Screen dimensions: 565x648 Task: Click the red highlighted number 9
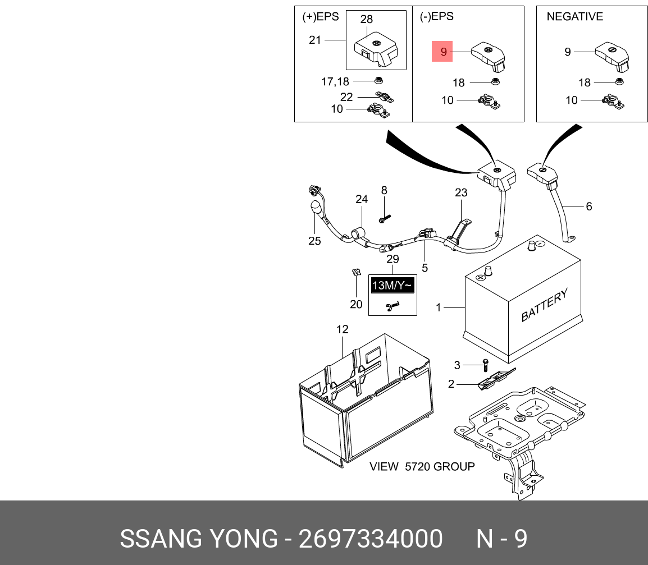point(442,52)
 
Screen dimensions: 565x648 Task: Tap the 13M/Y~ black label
point(393,286)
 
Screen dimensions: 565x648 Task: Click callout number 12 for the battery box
point(343,329)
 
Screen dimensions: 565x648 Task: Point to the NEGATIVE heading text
point(574,17)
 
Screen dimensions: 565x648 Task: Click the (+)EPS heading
point(321,17)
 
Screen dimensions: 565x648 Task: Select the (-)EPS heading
point(436,17)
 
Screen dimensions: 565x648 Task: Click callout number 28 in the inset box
point(366,20)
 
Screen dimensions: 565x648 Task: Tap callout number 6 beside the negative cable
point(588,206)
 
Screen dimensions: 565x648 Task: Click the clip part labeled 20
point(355,273)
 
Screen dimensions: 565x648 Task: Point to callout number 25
point(314,241)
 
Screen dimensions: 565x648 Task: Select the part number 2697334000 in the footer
point(371,539)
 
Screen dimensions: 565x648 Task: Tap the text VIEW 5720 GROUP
point(422,466)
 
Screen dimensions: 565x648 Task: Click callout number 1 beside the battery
point(439,307)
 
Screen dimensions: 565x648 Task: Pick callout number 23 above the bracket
point(461,193)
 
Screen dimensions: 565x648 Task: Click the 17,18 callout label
point(335,82)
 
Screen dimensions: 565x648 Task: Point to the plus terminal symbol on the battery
point(481,278)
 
